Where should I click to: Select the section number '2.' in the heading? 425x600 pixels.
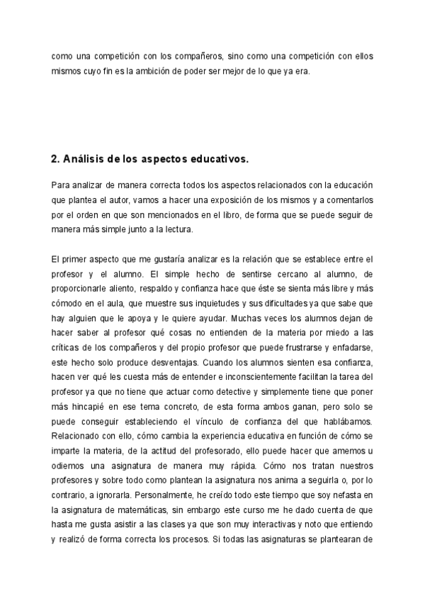coord(56,159)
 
